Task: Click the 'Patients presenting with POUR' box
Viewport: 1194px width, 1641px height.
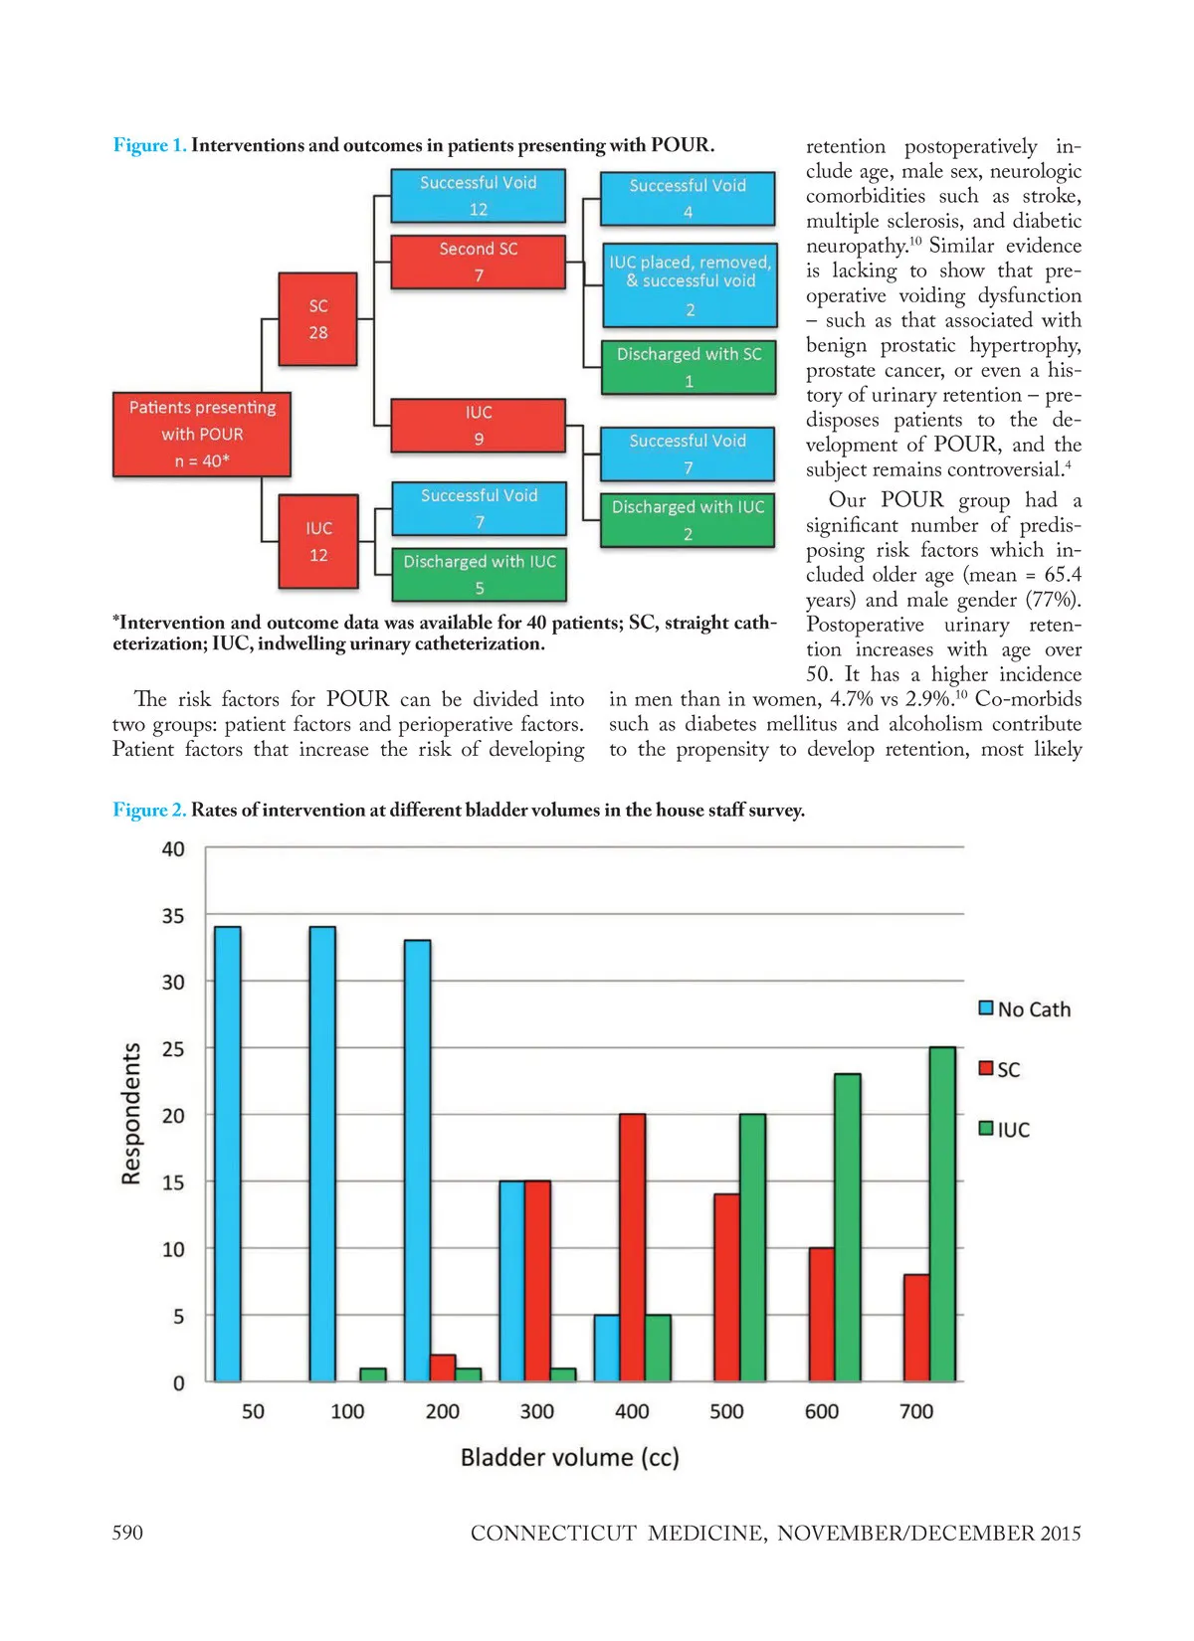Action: [x=202, y=435]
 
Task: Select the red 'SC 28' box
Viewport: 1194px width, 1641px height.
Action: [x=317, y=319]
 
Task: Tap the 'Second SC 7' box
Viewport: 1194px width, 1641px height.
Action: [x=479, y=262]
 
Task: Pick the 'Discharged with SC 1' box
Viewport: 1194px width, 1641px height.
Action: [x=689, y=367]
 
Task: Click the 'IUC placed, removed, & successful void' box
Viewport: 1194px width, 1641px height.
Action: [x=690, y=285]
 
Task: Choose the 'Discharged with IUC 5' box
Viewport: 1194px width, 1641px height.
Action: [x=479, y=574]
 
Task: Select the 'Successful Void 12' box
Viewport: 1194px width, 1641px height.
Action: [x=478, y=196]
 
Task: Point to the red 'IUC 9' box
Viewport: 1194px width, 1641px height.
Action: [x=479, y=426]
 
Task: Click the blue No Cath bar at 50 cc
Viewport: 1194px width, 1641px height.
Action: [x=228, y=1154]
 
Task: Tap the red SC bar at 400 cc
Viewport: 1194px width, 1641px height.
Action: [x=632, y=1247]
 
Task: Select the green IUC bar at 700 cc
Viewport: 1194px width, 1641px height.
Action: [x=941, y=1213]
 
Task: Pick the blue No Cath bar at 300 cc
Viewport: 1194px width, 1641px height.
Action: [x=511, y=1281]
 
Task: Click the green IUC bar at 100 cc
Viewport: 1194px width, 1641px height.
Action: [x=372, y=1374]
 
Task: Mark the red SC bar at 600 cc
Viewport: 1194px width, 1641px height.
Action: [x=821, y=1314]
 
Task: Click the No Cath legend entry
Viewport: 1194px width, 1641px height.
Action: [x=1025, y=1009]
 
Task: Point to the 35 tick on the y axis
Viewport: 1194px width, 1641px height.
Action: [x=173, y=915]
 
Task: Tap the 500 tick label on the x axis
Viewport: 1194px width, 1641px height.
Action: [x=726, y=1411]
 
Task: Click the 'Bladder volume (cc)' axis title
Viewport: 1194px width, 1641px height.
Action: [x=569, y=1457]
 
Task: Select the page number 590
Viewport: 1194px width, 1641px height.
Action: [x=127, y=1533]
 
